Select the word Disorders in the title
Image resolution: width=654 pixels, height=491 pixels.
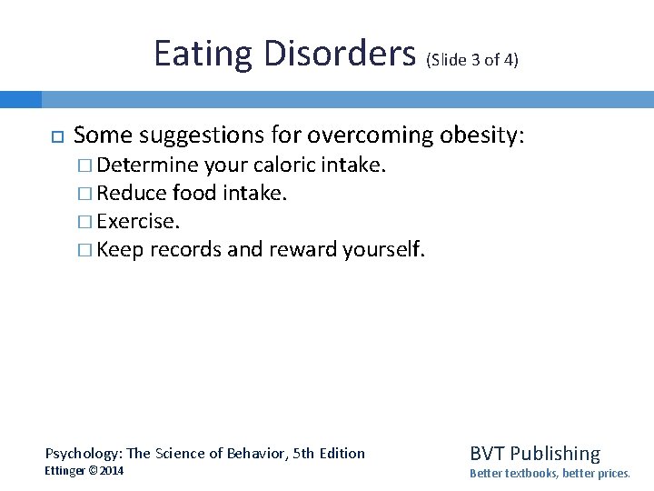coord(339,55)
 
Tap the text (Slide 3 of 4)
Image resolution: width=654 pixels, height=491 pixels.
coord(471,60)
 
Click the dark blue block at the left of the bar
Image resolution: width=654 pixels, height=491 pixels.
coord(20,99)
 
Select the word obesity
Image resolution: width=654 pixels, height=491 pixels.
coord(481,135)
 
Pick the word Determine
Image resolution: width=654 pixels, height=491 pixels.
coord(147,166)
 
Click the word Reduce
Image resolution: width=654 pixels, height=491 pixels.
coord(132,194)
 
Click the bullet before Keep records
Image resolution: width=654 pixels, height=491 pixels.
coord(84,249)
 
